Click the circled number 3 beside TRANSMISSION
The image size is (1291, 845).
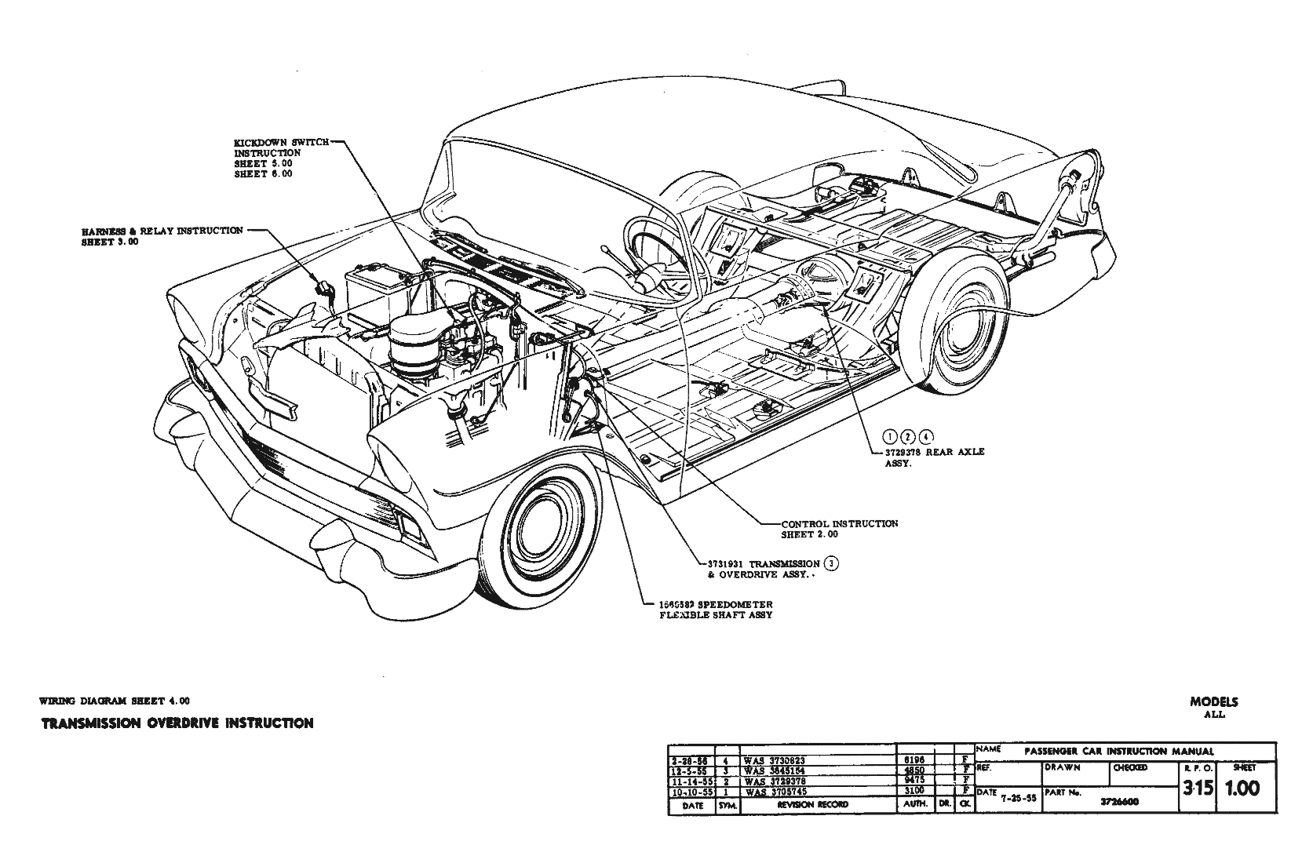833,563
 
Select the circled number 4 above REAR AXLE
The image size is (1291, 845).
927,437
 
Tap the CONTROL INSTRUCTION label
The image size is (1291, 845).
839,523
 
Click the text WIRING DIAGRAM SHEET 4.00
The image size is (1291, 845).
114,701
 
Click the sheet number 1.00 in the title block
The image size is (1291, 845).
1243,788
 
